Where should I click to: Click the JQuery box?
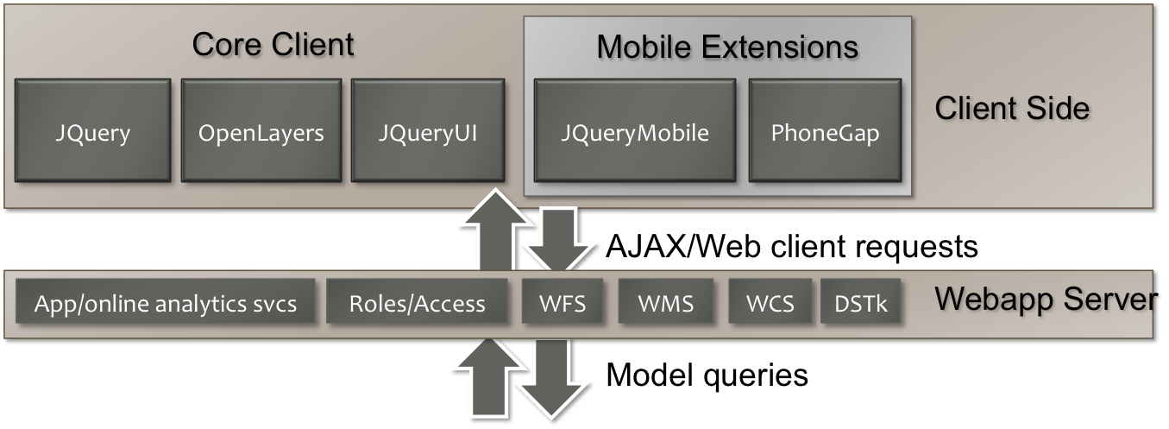(92, 131)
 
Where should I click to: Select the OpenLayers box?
(261, 131)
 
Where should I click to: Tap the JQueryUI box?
(428, 131)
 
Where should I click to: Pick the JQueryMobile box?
(634, 131)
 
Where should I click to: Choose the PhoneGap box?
(825, 131)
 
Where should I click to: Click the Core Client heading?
(273, 45)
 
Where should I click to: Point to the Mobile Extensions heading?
(727, 47)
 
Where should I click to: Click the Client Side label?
(1012, 109)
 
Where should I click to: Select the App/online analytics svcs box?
(166, 304)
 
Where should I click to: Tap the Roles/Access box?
(417, 304)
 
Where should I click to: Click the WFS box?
(561, 304)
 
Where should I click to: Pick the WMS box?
(665, 304)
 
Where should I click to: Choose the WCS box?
(770, 304)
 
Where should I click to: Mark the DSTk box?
(861, 304)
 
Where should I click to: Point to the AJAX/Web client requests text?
(792, 248)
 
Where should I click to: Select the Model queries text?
(707, 375)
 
